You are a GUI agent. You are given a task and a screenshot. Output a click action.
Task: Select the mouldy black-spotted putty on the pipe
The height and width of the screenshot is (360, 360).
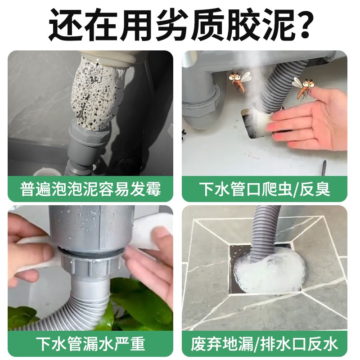tap(97, 97)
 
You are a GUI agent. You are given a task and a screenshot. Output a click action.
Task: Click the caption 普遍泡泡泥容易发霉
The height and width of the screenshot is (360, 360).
tap(90, 189)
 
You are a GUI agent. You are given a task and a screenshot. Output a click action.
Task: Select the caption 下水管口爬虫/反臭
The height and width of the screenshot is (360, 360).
tap(265, 189)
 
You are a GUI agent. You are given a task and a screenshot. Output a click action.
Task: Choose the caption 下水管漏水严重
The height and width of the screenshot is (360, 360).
tap(90, 344)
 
